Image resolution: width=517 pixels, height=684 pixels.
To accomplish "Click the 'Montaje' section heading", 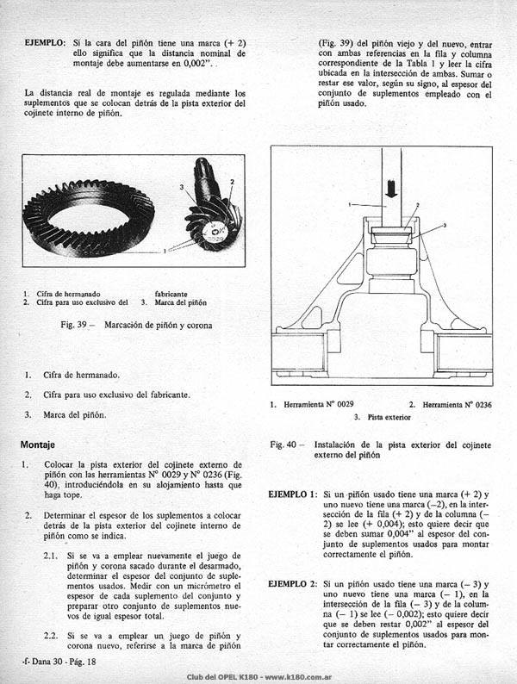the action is (38, 445).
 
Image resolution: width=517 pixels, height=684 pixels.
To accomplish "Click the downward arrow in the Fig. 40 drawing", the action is (391, 189).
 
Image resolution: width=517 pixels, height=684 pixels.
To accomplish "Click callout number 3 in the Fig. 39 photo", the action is (182, 187).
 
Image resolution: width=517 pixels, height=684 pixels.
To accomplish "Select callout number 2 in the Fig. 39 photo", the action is (232, 182).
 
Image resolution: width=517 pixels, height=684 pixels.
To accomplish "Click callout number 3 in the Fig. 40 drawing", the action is (444, 226).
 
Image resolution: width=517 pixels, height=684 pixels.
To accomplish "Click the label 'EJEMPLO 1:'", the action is (293, 494).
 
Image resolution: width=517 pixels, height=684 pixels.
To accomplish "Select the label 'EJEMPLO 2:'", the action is (293, 584).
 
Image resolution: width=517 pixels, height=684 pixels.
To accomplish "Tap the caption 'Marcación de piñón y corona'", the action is (159, 326).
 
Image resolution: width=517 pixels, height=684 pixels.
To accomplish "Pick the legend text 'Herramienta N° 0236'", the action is (457, 405).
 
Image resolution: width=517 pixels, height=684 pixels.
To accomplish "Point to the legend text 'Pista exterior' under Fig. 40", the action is (389, 418).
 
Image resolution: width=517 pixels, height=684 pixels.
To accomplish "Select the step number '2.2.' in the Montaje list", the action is (51, 636).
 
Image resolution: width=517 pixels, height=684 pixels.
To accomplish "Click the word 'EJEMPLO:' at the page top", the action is (46, 43).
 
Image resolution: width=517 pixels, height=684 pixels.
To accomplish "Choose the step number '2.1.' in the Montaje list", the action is (51, 557).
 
